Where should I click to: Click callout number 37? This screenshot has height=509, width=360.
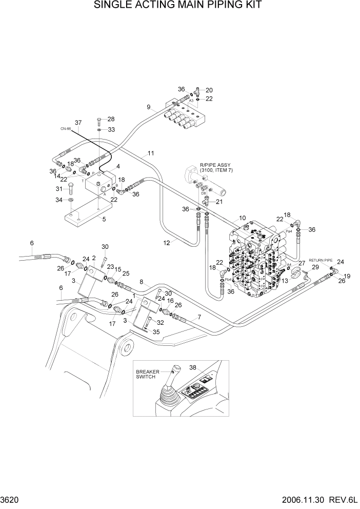click(x=78, y=123)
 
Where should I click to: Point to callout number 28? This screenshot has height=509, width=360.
click(x=111, y=119)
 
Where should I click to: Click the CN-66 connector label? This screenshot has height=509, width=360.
click(x=65, y=129)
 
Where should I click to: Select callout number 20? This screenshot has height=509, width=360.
click(x=209, y=90)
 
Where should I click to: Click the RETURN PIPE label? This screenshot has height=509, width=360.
click(x=321, y=260)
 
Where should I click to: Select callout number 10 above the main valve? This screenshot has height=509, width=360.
click(x=242, y=218)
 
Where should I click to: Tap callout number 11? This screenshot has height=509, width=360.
click(x=150, y=153)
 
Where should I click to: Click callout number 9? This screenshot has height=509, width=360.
click(x=148, y=107)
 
